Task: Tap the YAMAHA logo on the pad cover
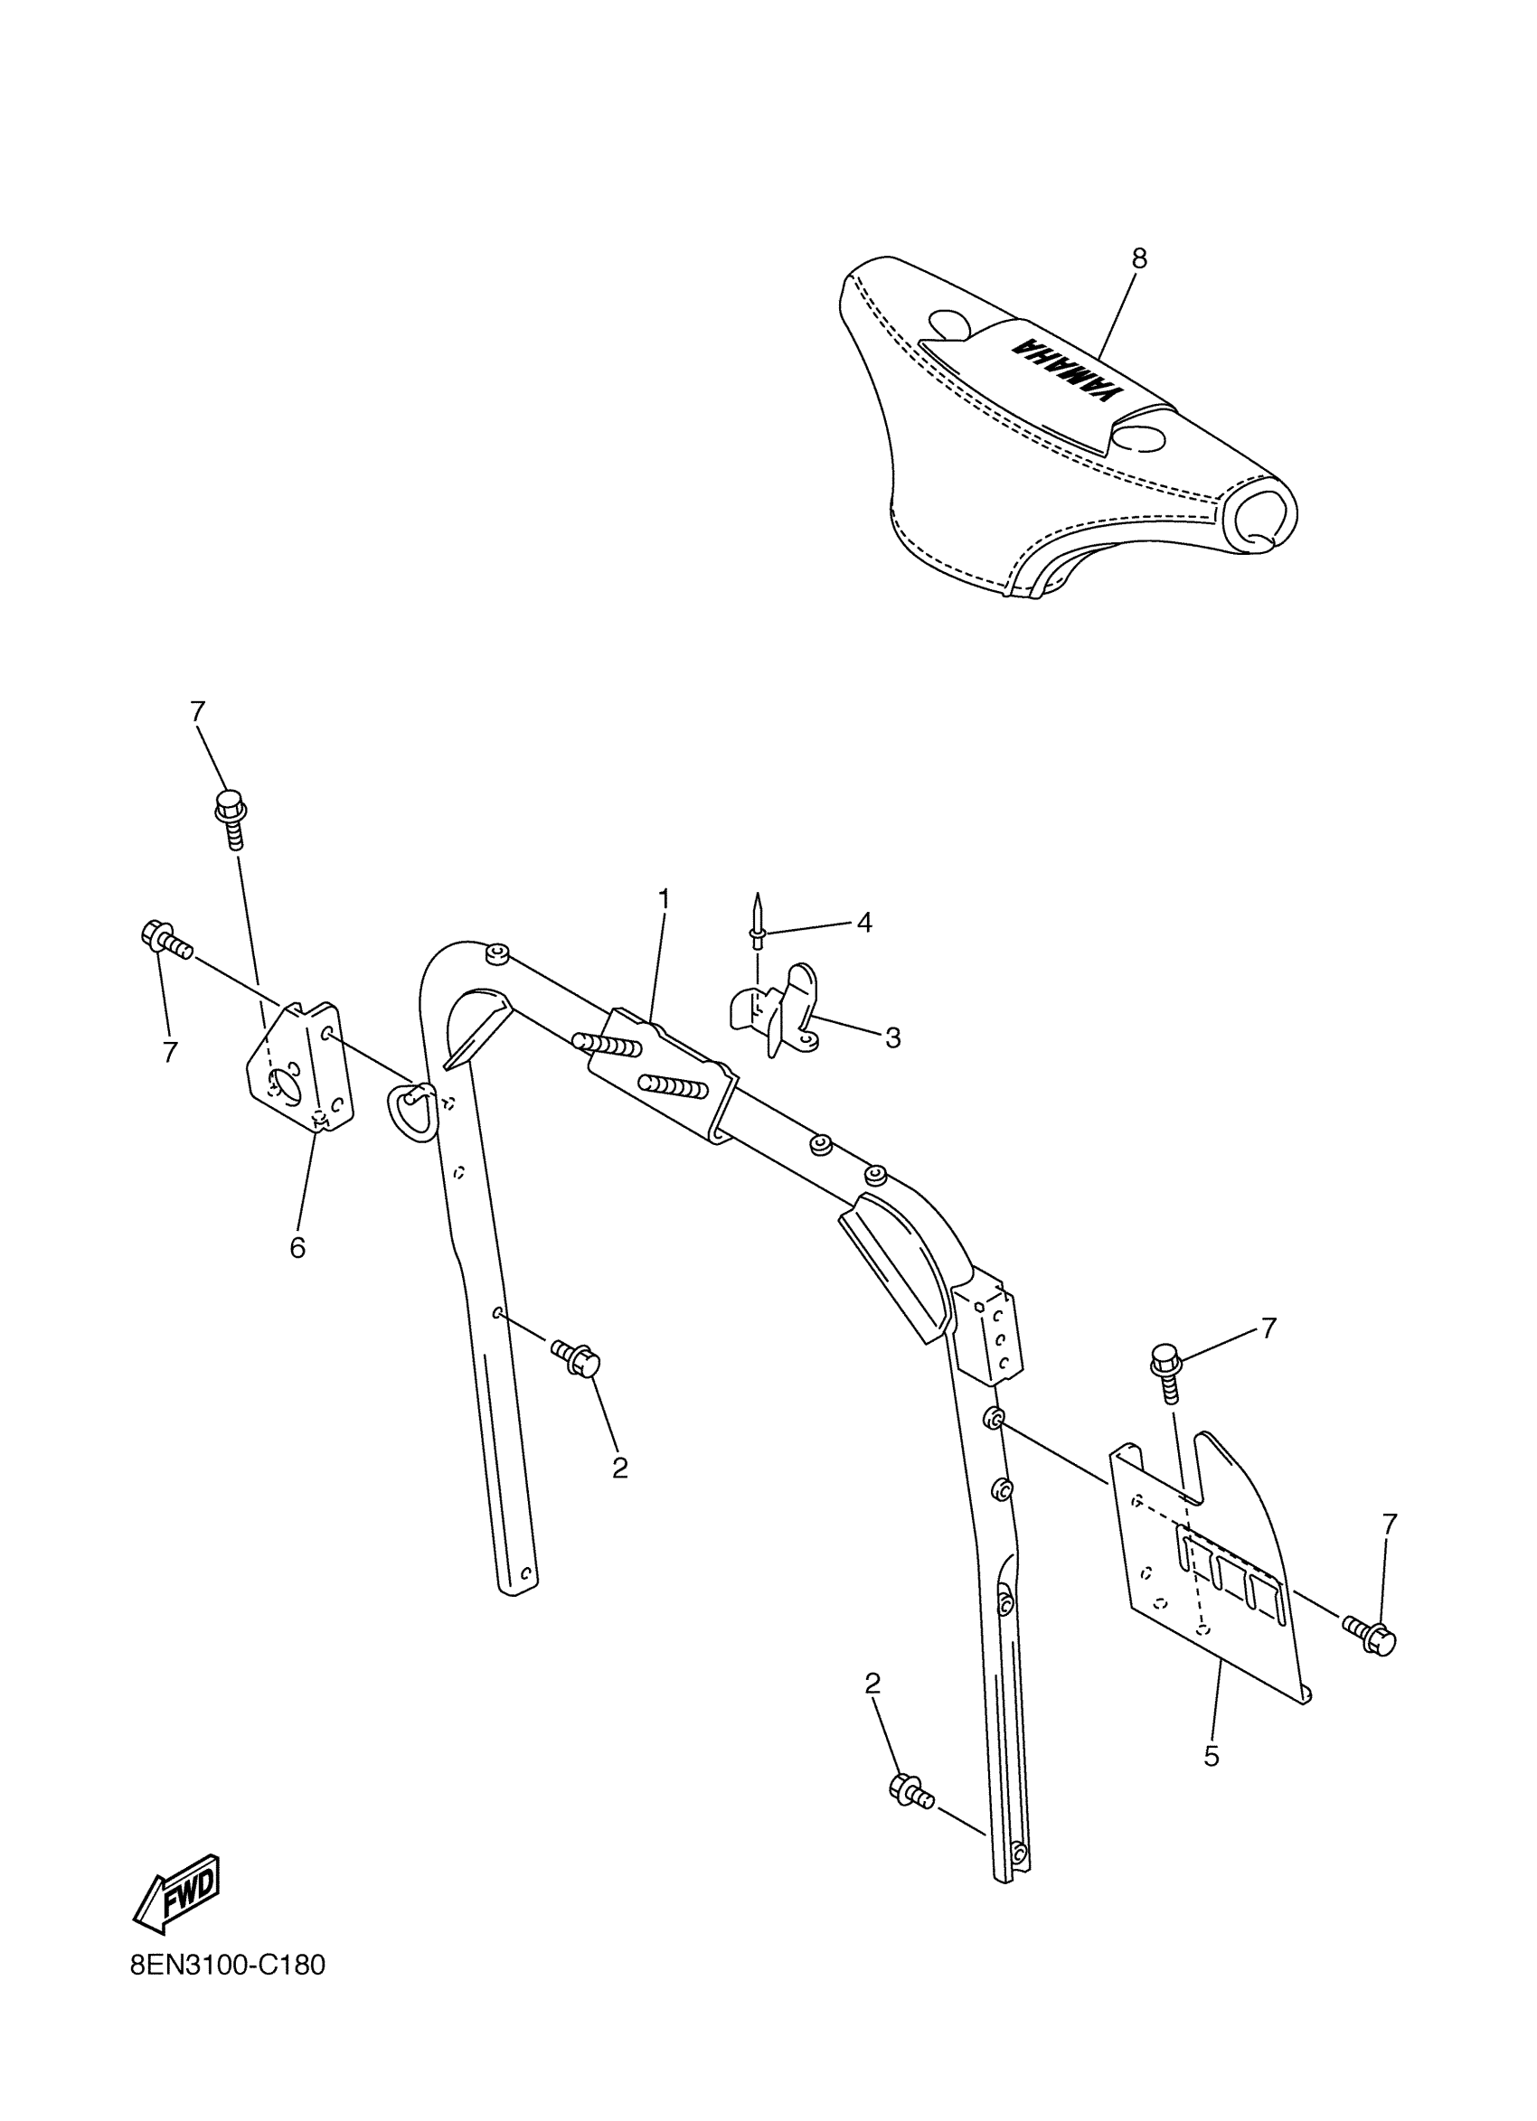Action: click(1067, 371)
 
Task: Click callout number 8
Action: click(1138, 259)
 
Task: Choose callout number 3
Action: click(892, 1037)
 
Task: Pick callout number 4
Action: click(864, 923)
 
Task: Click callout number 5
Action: click(1212, 1756)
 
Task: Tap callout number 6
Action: click(297, 1247)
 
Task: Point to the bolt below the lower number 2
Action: click(910, 1790)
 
